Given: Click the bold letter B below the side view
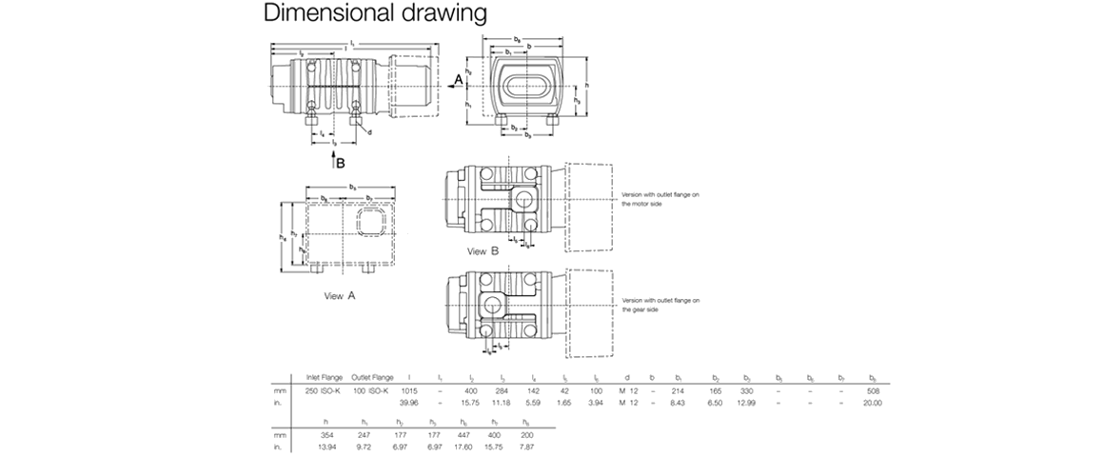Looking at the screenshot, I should tap(340, 163).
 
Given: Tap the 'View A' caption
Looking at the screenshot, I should tap(340, 296).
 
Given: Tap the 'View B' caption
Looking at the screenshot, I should tap(483, 251).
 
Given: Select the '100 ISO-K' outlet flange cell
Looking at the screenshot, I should tap(369, 391).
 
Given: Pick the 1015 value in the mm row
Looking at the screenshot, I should tap(409, 391).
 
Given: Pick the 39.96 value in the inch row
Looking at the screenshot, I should tap(409, 402).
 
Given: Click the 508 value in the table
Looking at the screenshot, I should tap(873, 391).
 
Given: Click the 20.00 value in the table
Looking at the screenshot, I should tap(873, 402).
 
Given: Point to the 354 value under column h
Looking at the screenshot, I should tap(325, 435).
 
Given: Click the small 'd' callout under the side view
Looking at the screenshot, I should tap(369, 132).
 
